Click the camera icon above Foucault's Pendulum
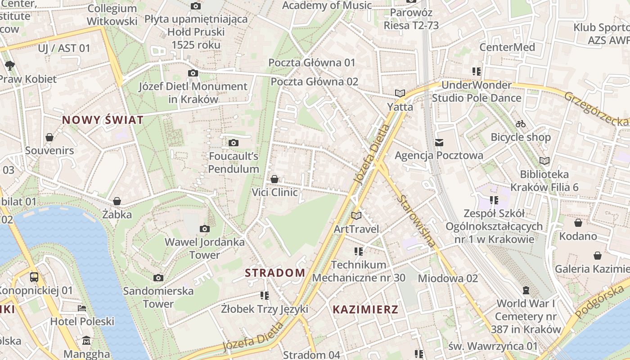point(233,143)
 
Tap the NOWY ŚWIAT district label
point(103,120)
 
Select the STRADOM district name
point(275,273)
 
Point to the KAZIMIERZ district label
point(365,310)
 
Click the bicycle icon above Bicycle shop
point(521,124)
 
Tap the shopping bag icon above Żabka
point(117,201)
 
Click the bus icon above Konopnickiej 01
point(34,277)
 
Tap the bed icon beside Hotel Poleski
point(82,308)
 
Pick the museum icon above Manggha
point(86,341)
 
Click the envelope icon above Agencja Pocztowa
point(439,143)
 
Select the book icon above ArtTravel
point(356,216)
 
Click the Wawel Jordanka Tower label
point(205,248)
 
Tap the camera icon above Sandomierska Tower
point(158,278)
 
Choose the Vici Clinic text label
point(274,193)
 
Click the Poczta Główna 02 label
point(314,81)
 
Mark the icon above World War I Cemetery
point(526,290)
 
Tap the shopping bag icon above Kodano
point(578,223)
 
